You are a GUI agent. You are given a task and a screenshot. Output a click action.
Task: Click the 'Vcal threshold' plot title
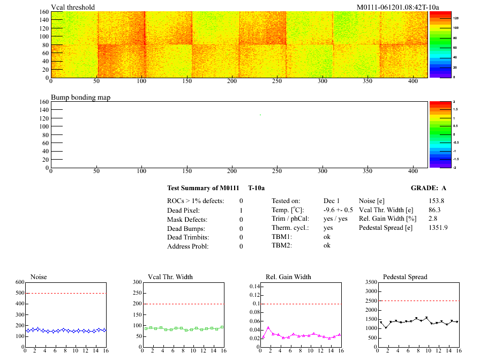pos(73,7)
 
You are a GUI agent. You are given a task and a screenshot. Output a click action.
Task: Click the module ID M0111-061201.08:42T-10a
pos(398,7)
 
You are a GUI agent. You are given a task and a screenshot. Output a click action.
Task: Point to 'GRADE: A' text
pos(428,188)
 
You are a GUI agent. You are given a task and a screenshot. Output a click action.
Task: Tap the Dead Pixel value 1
pos(241,210)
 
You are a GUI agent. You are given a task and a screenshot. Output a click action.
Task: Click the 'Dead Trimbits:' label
pos(188,237)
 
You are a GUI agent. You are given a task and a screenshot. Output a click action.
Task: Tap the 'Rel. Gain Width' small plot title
pos(288,277)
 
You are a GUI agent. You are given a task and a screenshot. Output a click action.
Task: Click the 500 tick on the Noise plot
pos(20,293)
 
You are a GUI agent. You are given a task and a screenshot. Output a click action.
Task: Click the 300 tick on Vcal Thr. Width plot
pos(136,282)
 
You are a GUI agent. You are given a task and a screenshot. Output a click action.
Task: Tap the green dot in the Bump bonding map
pos(260,115)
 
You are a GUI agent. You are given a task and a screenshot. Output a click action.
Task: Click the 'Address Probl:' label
pos(188,246)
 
